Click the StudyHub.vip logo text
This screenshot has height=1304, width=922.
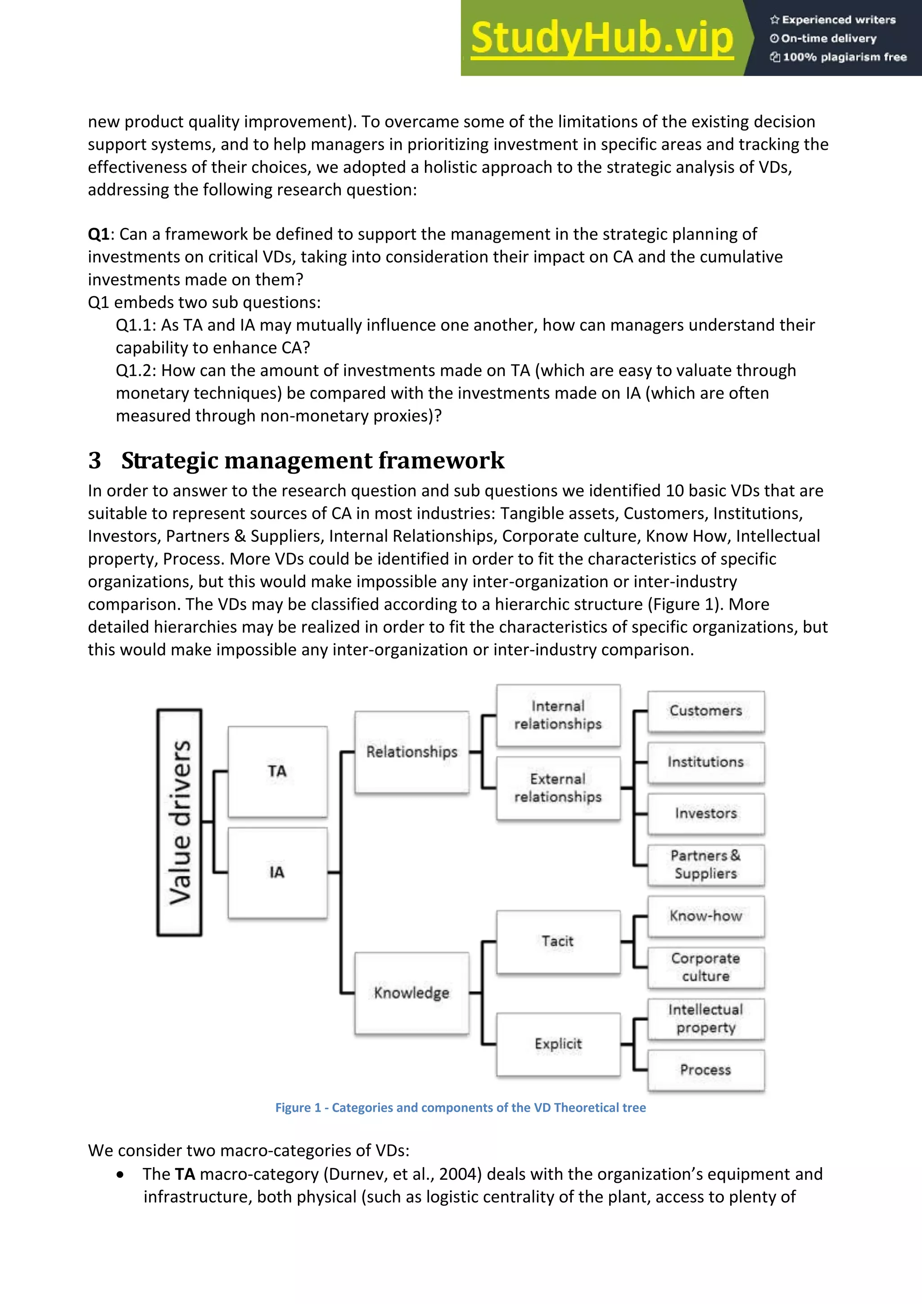coord(602,38)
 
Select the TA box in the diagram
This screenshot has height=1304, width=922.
coord(277,771)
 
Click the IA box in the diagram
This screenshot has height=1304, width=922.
coord(277,872)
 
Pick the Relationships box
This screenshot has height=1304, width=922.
coord(411,752)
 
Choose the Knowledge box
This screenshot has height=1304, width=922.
coord(411,993)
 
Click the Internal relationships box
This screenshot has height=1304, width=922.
coord(558,715)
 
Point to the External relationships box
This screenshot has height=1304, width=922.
coord(558,788)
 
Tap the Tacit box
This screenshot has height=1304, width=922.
coord(558,942)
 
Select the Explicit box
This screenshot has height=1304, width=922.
coord(558,1044)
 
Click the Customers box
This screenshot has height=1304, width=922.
coord(706,711)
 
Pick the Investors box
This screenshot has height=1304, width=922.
coord(706,813)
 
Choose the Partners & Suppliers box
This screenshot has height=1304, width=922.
coord(706,865)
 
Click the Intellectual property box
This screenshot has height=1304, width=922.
coord(706,1019)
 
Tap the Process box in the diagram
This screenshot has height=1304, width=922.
coord(706,1070)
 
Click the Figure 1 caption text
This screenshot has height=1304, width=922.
coord(461,1108)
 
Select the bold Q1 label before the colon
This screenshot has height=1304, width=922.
coord(98,234)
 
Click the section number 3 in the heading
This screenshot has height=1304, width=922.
coord(95,461)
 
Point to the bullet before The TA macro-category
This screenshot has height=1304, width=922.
coord(120,1174)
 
